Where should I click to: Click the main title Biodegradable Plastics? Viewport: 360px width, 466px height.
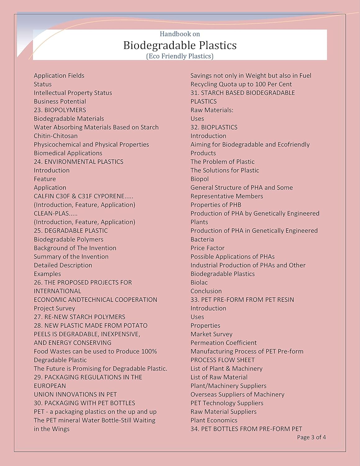180,45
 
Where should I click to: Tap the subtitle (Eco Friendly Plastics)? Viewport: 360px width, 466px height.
180,56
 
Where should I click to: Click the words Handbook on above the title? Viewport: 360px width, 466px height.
180,34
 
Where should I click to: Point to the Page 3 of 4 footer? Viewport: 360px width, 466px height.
311,437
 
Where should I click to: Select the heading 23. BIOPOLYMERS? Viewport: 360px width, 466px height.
60,110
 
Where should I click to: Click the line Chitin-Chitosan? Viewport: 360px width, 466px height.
56,136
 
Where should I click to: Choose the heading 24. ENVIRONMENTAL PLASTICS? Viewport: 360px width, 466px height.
79,162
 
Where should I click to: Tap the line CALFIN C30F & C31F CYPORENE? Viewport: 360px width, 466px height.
83,196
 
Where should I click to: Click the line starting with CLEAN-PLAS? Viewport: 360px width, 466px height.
56,213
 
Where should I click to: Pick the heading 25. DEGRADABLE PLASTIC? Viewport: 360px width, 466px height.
71,231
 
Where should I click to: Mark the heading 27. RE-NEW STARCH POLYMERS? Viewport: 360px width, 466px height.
80,317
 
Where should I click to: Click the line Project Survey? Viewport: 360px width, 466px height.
54,308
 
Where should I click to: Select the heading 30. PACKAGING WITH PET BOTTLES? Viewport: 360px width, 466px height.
84,403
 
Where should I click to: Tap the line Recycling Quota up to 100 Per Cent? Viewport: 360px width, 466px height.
241,84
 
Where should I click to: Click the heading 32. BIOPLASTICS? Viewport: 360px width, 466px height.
214,127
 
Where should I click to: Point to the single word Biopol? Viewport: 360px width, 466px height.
199,179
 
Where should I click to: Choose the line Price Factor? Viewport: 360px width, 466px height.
207,248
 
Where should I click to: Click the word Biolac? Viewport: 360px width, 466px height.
199,282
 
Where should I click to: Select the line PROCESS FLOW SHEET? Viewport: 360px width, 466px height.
222,360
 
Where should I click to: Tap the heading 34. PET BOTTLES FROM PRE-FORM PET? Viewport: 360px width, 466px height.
246,429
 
